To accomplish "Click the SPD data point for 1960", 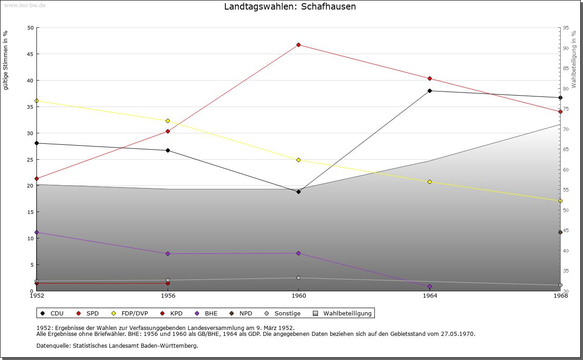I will (298, 45).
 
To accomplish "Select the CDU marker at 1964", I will (430, 91).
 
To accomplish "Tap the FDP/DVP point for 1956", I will (168, 121).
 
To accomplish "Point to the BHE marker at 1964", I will (430, 286).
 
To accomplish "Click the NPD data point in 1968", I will (560, 232).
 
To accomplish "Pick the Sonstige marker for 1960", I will (298, 278).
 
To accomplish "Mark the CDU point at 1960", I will (298, 192).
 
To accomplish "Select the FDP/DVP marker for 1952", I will (36, 101).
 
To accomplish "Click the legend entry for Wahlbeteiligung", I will (347, 313).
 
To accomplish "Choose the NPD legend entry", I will (245, 313).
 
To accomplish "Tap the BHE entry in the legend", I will (211, 313).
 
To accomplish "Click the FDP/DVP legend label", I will (135, 313).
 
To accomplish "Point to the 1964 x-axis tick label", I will (430, 296).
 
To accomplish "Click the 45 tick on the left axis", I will (30, 54).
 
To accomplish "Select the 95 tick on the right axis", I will (565, 28).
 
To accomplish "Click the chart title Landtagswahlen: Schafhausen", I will (290, 7).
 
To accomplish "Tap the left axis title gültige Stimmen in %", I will (5, 60).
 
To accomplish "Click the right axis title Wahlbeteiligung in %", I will (574, 59).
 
